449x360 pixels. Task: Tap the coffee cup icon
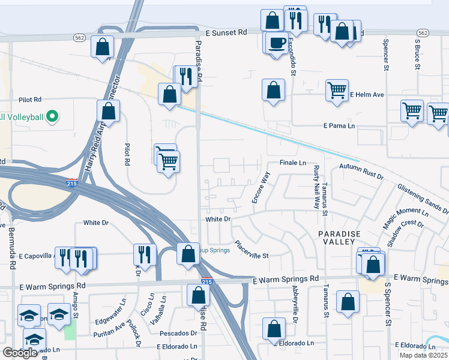[x=277, y=43]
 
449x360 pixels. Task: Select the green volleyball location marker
[x=52, y=116]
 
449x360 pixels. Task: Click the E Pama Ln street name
[x=339, y=126]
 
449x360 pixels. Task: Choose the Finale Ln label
[x=293, y=163]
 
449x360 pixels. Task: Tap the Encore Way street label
[x=262, y=187]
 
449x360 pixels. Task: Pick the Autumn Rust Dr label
[x=361, y=170]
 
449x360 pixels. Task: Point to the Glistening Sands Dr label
[x=423, y=199]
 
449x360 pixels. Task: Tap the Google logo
[x=20, y=353]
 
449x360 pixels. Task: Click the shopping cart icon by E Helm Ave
[x=337, y=91]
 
